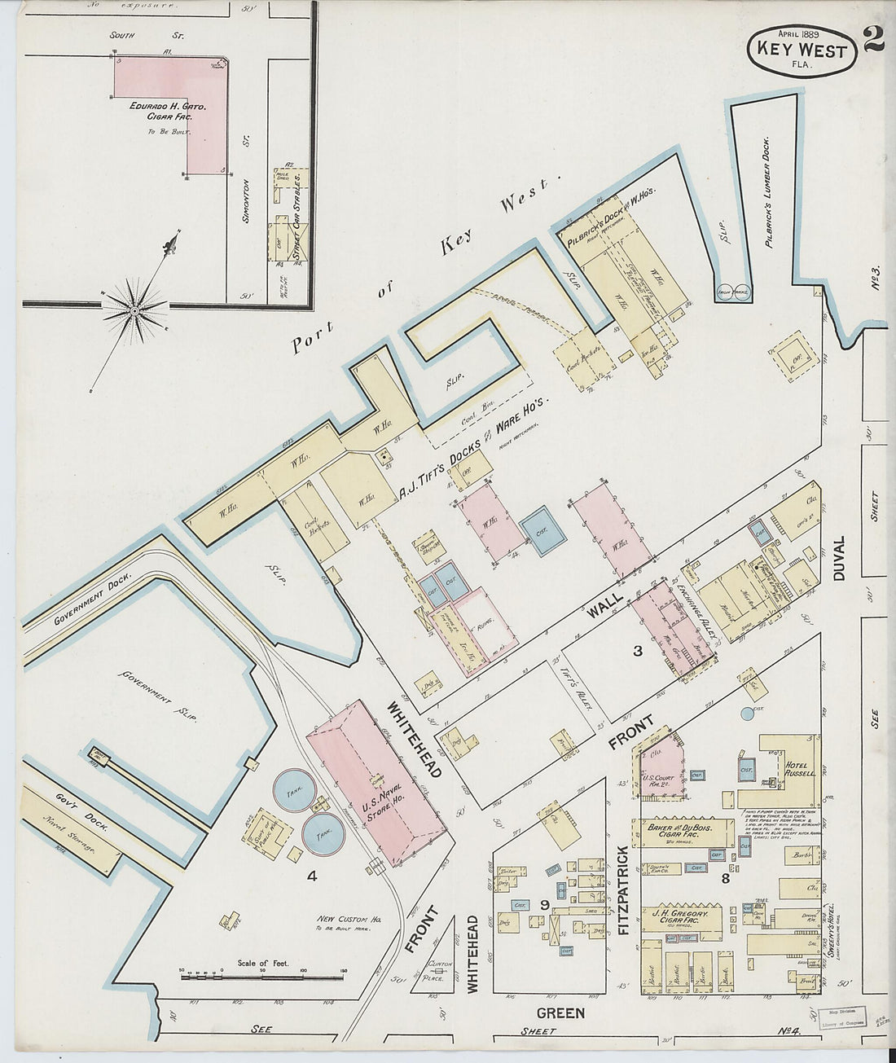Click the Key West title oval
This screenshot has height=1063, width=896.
802,51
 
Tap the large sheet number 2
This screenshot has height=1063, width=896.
873,38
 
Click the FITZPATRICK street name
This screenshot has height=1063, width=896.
622,889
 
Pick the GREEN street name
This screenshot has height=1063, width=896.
561,1012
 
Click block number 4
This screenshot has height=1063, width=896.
310,876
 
